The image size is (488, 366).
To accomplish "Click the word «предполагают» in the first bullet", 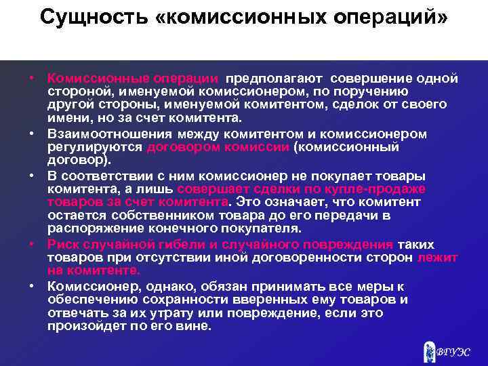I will [274, 79].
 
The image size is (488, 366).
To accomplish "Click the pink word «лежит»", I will [439, 258].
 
